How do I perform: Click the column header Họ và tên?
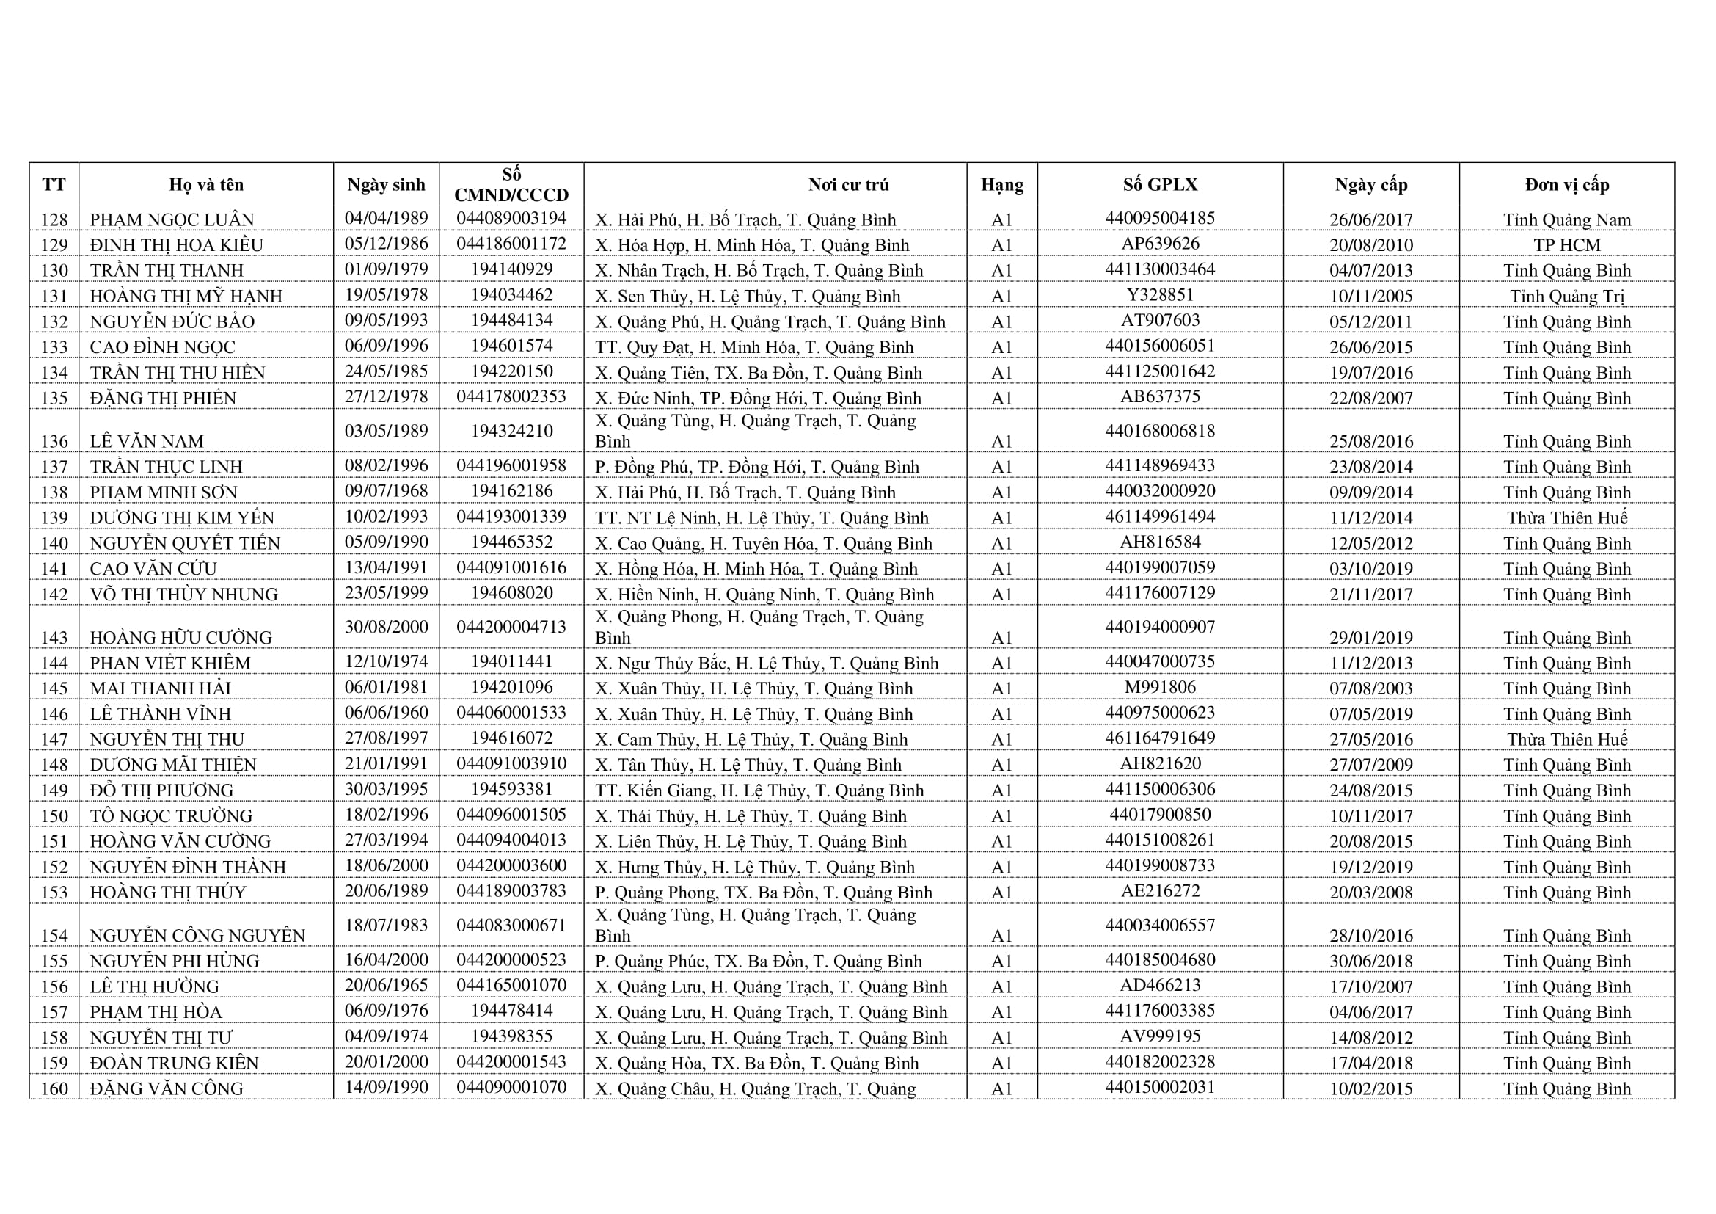(205, 185)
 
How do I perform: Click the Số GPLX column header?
(1160, 185)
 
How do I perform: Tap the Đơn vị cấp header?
(1566, 185)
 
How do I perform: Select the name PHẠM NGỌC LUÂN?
(172, 219)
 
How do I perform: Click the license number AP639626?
(1160, 244)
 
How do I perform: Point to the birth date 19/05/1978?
(387, 294)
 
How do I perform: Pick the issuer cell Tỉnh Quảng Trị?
(1566, 296)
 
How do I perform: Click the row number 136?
(54, 441)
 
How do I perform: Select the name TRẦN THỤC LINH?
(166, 467)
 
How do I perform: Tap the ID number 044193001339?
(511, 517)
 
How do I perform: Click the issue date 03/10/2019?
(1370, 569)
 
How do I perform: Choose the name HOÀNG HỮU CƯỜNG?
(180, 638)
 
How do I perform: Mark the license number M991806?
(1160, 687)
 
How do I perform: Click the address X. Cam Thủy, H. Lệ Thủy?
(751, 739)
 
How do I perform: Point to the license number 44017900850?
(1160, 815)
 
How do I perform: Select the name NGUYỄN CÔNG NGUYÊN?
(197, 936)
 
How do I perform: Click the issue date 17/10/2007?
(1370, 986)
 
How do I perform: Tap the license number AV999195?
(1160, 1036)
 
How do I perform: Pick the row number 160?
(54, 1088)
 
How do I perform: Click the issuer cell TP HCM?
(1566, 245)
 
